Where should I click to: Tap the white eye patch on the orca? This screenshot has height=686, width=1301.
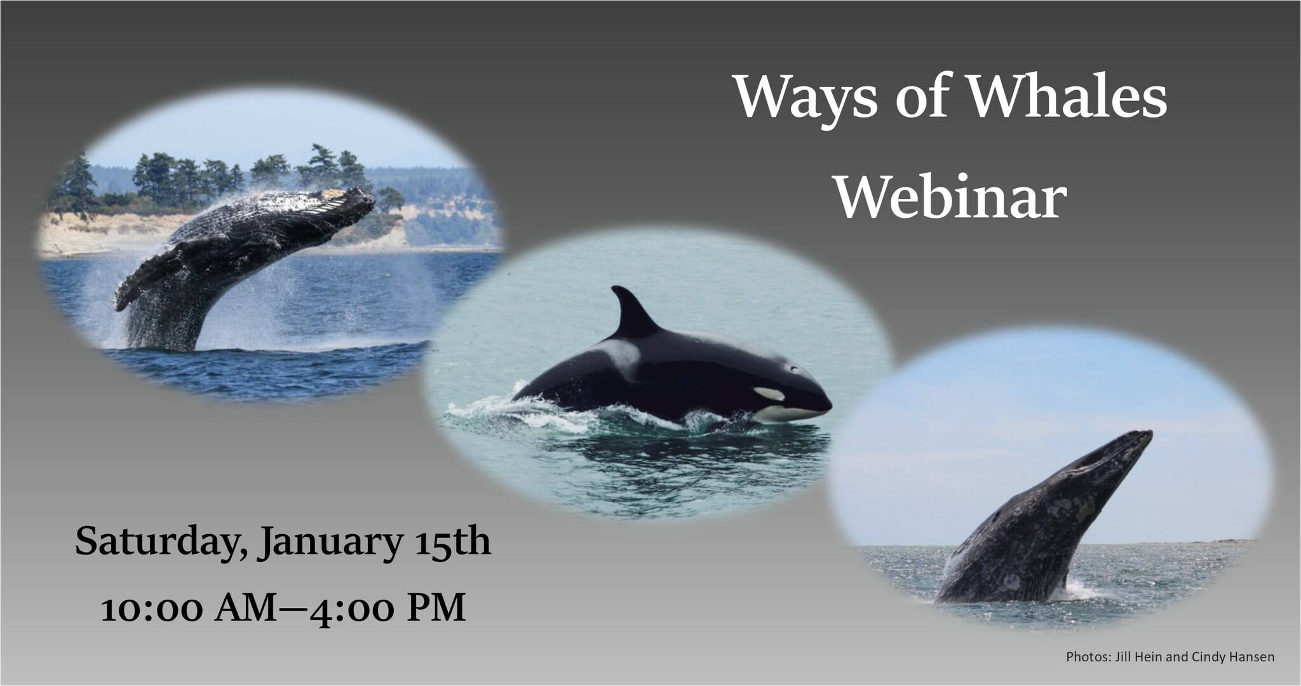click(770, 394)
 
